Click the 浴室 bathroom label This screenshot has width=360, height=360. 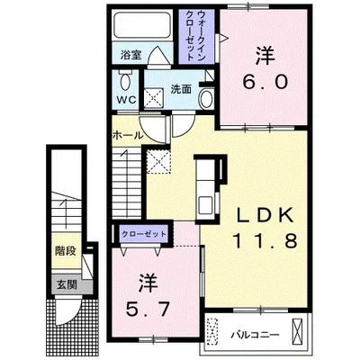pos(130,55)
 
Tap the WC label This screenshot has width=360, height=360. pos(126,100)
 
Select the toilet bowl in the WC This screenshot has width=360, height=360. pos(125,80)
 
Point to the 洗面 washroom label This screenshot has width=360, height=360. pos(181,89)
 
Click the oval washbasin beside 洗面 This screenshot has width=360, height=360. pos(206,99)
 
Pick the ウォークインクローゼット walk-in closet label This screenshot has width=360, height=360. pos(195,36)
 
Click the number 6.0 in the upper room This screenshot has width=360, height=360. pos(265,82)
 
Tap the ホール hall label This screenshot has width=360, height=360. pos(128,136)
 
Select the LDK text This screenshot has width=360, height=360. pos(265,215)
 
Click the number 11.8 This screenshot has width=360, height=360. pos(265,240)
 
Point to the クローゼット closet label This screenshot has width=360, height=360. pos(143,234)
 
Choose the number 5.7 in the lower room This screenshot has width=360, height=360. pos(148,309)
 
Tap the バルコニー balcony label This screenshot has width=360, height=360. pos(255,335)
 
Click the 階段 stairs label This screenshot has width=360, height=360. pos(66,251)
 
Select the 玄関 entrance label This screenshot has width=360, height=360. pos(67,284)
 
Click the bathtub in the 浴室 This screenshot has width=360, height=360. pos(142,25)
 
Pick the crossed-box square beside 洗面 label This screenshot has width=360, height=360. pos(153,97)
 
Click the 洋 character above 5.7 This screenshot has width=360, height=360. pos(148,283)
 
